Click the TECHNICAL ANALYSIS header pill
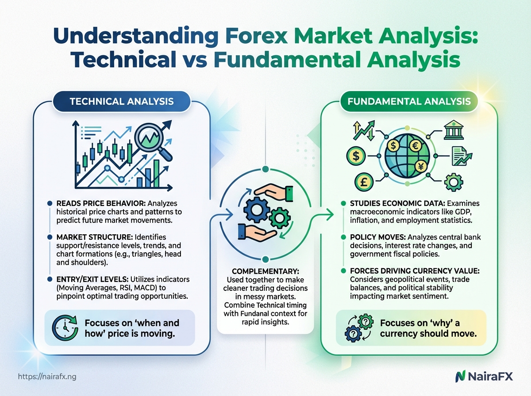coord(121,102)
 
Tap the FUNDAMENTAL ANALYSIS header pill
coord(409,102)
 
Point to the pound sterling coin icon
coord(364,182)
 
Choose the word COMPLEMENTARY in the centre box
coord(265,270)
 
